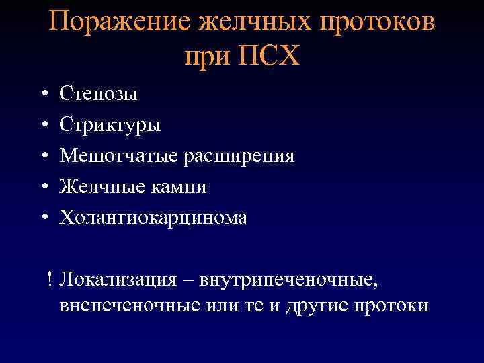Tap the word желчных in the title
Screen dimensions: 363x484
(250, 24)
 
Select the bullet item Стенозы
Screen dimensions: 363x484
(98, 94)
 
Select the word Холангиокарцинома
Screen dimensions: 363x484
(153, 218)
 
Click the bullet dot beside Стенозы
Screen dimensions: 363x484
(42, 94)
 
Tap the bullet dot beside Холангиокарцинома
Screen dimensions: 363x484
(42, 218)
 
